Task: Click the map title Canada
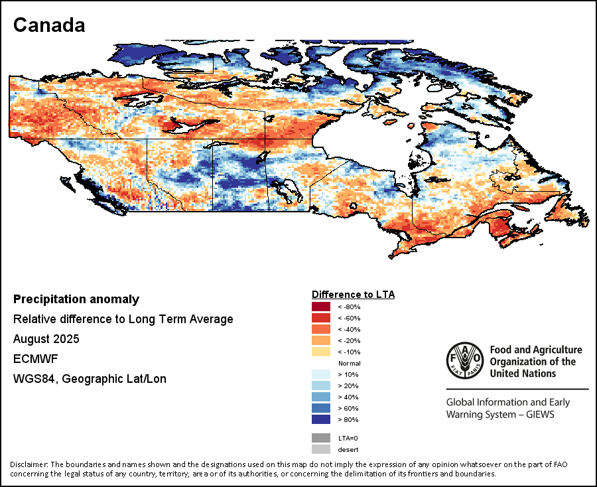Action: point(49,25)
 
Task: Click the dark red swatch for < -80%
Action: point(321,307)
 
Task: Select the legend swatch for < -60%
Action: point(321,318)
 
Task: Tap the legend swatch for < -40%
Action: point(321,329)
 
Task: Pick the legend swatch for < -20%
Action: point(321,340)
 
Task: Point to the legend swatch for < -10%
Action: point(321,352)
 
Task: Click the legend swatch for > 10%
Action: point(321,374)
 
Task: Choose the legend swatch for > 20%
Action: point(321,385)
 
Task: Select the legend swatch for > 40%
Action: point(321,397)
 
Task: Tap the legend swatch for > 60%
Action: point(321,408)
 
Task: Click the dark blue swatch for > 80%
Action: point(321,419)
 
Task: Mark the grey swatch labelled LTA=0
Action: point(321,438)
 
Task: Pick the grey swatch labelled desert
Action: point(321,449)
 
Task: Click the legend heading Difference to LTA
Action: point(353,294)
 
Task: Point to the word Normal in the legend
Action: point(349,364)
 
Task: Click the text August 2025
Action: point(46,339)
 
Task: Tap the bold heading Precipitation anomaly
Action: point(76,299)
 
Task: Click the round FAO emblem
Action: point(465,362)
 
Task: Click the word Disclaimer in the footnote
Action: point(29,464)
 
